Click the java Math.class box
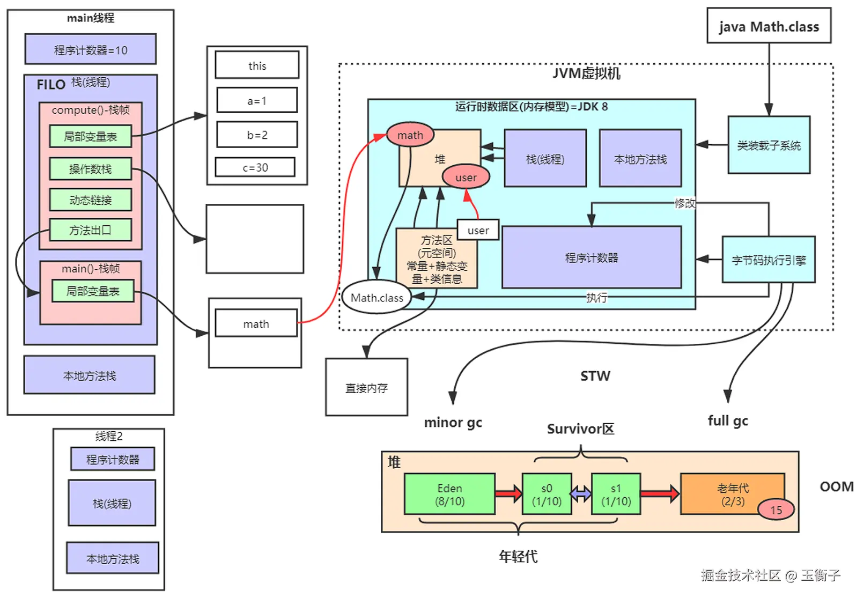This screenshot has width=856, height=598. pyautogui.click(x=769, y=26)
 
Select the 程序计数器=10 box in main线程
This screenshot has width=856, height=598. pyautogui.click(x=90, y=50)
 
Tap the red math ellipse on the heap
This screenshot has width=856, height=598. pyautogui.click(x=410, y=135)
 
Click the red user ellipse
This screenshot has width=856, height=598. pyautogui.click(x=466, y=177)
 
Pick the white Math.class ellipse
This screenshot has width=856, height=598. pyautogui.click(x=377, y=298)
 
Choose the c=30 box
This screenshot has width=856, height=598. pyautogui.click(x=255, y=167)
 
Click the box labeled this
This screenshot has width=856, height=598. pyautogui.click(x=257, y=65)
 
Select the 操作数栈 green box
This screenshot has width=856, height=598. pyautogui.click(x=90, y=169)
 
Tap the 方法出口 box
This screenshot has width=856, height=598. pyautogui.click(x=90, y=230)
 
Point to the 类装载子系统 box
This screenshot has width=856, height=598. pyautogui.click(x=769, y=145)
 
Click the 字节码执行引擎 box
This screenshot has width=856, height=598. pyautogui.click(x=769, y=260)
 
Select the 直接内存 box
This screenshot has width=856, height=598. pyautogui.click(x=366, y=387)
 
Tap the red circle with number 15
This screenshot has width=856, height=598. pyautogui.click(x=776, y=510)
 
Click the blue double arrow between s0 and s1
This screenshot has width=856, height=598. pyautogui.click(x=581, y=493)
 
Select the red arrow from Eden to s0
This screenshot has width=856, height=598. pyautogui.click(x=508, y=493)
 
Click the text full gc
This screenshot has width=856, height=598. pyautogui.click(x=727, y=420)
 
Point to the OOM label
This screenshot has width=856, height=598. pyautogui.click(x=836, y=486)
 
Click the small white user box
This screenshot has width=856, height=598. pyautogui.click(x=478, y=230)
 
